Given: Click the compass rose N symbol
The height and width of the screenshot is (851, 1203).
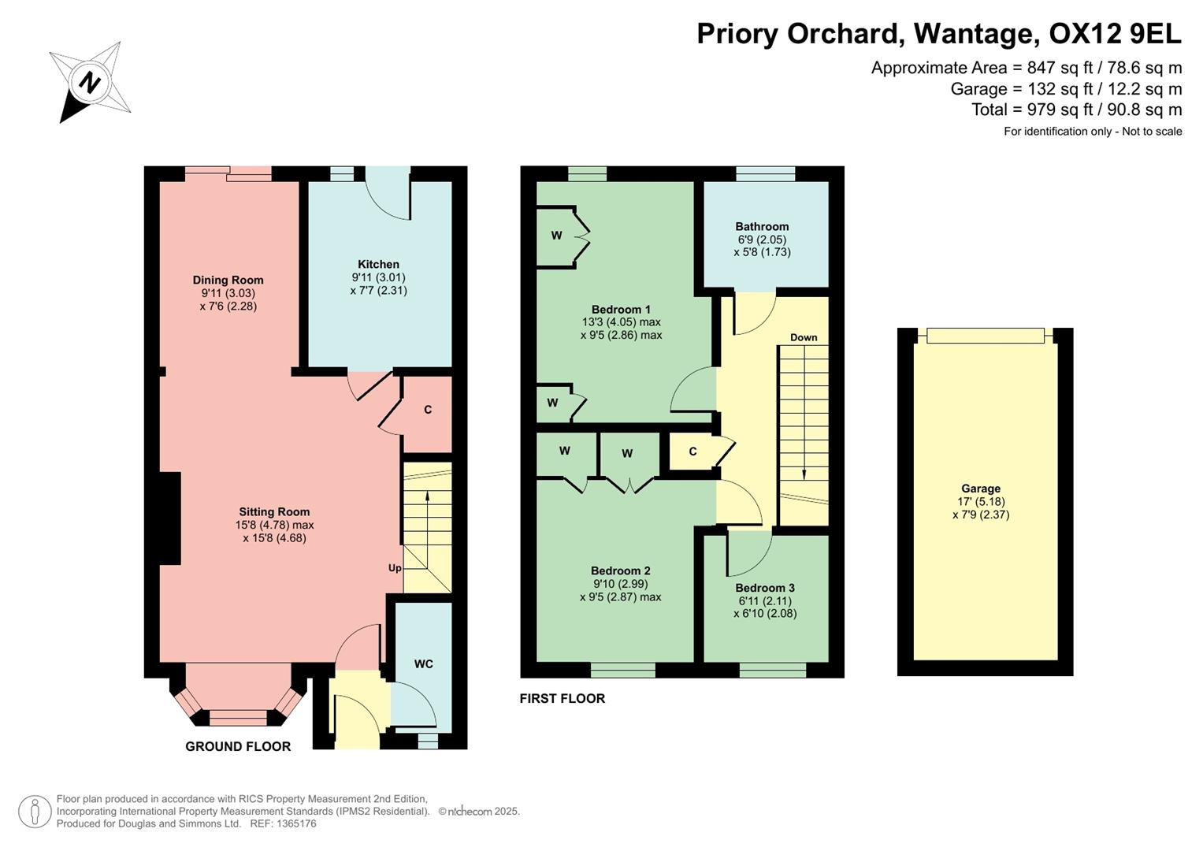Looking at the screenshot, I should pyautogui.click(x=90, y=82).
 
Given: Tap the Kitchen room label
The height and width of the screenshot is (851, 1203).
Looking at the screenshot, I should pyautogui.click(x=378, y=264).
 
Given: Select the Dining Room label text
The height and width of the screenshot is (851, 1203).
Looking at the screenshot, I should pyautogui.click(x=228, y=280).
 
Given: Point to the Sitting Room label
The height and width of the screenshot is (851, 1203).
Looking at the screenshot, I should pyautogui.click(x=274, y=511).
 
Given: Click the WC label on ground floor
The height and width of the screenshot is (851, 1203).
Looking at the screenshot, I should pyautogui.click(x=423, y=663).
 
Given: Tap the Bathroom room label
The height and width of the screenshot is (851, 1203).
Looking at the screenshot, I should pyautogui.click(x=762, y=226).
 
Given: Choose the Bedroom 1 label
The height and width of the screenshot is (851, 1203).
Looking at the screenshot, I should pyautogui.click(x=621, y=309).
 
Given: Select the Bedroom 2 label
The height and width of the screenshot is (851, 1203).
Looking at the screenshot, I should pyautogui.click(x=620, y=570).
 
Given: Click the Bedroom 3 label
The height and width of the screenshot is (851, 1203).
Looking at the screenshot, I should pyautogui.click(x=764, y=588).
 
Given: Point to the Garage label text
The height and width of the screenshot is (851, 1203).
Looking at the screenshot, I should pyautogui.click(x=980, y=489).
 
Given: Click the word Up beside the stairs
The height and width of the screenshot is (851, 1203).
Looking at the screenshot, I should pyautogui.click(x=395, y=568).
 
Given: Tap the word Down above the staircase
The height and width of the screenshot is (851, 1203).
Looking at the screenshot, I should pyautogui.click(x=804, y=337).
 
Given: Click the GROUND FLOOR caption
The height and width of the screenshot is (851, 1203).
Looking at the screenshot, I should pyautogui.click(x=238, y=746).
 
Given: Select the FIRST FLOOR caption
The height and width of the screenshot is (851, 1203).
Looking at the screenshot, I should pyautogui.click(x=562, y=698).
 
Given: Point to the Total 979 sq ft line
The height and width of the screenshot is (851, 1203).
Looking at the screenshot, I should pyautogui.click(x=1076, y=110).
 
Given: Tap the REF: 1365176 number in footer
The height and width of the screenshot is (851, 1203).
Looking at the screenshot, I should pyautogui.click(x=283, y=823).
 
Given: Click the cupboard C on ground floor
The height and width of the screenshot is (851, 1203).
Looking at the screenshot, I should pyautogui.click(x=428, y=410).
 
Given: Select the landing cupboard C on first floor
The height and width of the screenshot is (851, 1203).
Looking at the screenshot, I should pyautogui.click(x=692, y=452).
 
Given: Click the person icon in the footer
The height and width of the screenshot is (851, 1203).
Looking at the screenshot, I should pyautogui.click(x=35, y=812).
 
